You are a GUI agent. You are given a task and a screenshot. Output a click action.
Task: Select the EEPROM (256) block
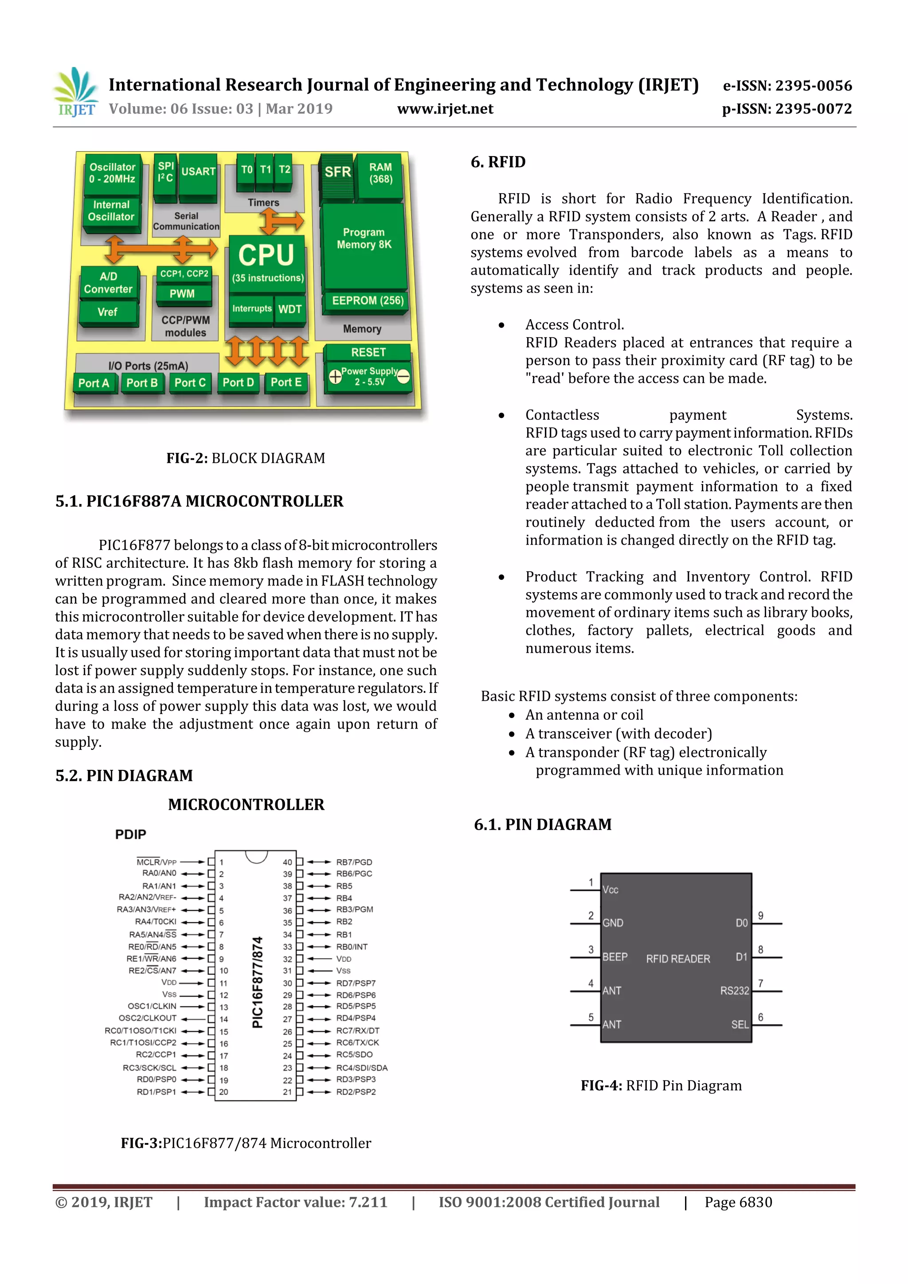coord(368,301)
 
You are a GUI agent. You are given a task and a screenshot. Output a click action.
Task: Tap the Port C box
coord(190,383)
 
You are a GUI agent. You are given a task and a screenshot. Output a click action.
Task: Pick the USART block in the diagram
coord(198,172)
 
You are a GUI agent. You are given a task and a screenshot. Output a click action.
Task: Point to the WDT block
coord(290,309)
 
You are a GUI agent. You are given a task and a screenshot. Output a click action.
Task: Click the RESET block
coord(368,352)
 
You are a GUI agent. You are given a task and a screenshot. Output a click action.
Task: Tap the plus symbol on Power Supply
coord(335,377)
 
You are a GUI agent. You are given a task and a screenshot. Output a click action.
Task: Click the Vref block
coord(107,312)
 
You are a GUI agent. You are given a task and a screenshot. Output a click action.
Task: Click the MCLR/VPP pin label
coord(156,862)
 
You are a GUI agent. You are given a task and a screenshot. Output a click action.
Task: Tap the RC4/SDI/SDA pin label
coord(361,1068)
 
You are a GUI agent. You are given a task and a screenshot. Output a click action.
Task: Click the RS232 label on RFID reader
coord(734,991)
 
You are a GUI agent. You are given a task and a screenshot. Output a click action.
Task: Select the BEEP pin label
coord(615,957)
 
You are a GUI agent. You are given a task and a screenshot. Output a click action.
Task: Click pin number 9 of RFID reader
coord(760,916)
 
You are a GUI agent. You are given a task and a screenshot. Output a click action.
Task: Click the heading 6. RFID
coord(498,162)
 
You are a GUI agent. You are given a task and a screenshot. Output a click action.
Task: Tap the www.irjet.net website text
coord(445,109)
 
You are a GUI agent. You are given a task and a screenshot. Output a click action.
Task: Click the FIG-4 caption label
coord(601,1085)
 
